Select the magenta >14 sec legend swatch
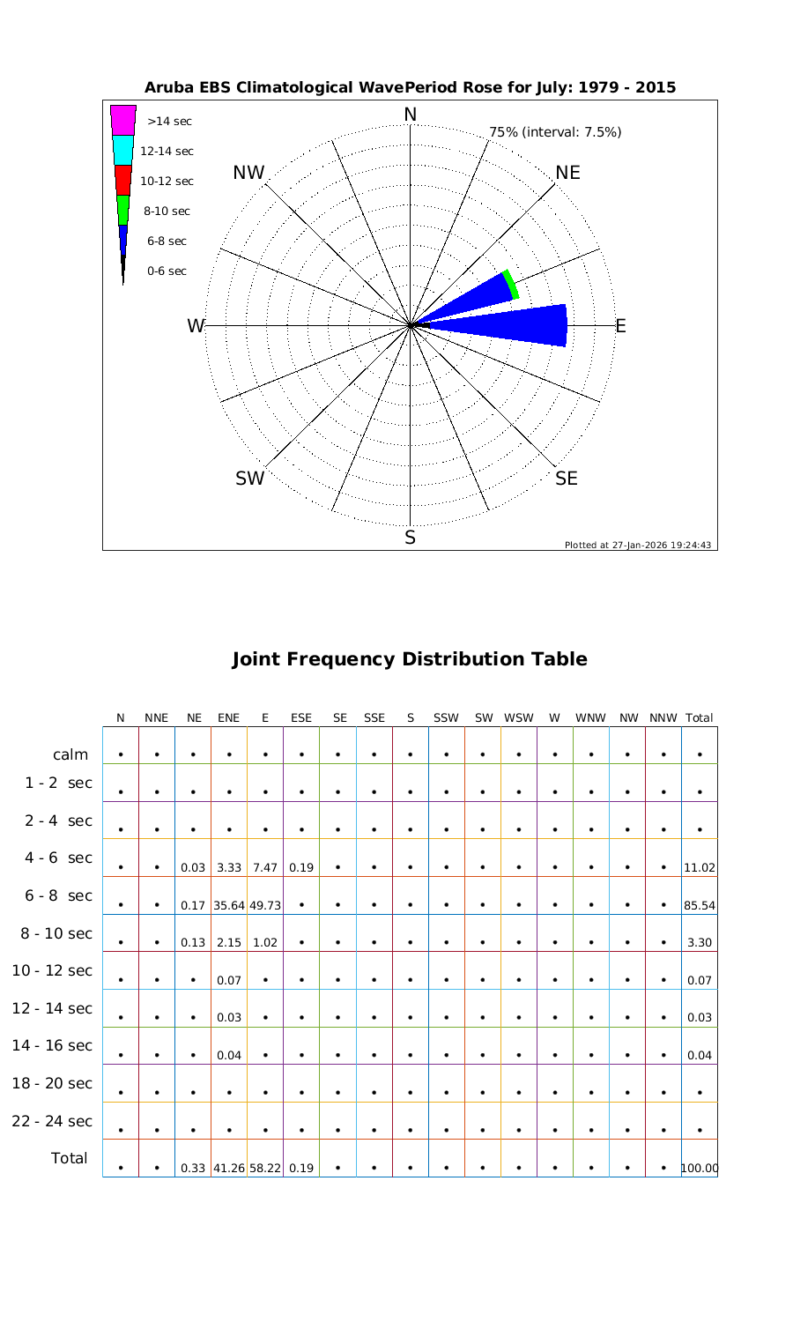pos(123,120)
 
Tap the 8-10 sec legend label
pos(167,211)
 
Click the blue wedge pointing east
pos(520,325)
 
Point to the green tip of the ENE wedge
pos(511,284)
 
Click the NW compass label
pos(248,174)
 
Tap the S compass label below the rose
pos(410,538)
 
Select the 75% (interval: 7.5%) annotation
pos(555,132)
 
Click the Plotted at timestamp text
pos(638,545)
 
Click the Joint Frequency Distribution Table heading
pos(409,659)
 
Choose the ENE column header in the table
pos(228,718)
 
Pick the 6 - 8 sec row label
pos(58,895)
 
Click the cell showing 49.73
pos(265,905)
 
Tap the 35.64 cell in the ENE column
pos(229,905)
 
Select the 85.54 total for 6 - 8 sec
pos(699,905)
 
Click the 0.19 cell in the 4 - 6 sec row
pos(301,867)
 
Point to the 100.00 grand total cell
pos(699,1169)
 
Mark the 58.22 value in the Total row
pos(265,1169)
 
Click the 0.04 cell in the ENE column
pos(229,1055)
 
